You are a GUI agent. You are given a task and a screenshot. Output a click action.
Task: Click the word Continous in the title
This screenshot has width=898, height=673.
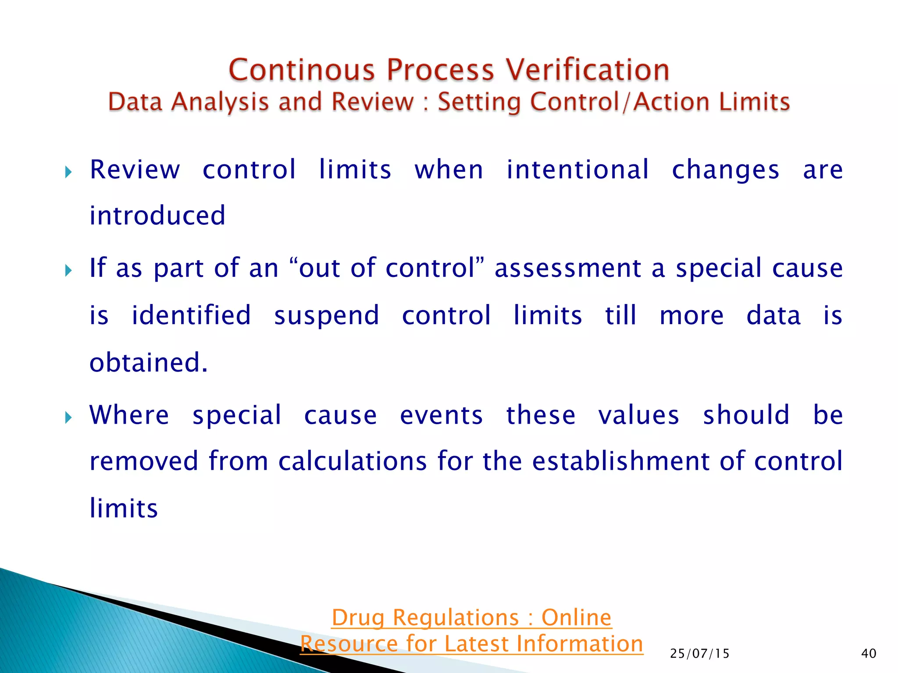click(x=302, y=70)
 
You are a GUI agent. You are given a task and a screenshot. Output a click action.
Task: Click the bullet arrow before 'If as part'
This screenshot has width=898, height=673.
click(x=68, y=270)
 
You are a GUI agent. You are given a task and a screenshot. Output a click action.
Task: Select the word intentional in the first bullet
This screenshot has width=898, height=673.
click(x=577, y=170)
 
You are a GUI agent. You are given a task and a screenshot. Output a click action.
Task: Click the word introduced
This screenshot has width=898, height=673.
click(x=157, y=216)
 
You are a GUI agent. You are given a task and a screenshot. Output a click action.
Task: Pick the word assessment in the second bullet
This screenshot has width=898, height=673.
click(x=568, y=268)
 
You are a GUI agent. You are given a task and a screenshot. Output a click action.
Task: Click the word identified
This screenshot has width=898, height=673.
click(x=191, y=315)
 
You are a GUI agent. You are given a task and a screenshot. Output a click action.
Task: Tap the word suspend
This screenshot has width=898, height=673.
click(x=327, y=316)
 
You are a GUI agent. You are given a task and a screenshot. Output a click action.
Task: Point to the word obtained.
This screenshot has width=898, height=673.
click(x=148, y=362)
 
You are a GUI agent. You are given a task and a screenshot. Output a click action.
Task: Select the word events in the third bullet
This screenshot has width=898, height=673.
click(x=441, y=415)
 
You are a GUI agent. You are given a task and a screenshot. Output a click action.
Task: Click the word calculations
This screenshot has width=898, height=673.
click(x=353, y=461)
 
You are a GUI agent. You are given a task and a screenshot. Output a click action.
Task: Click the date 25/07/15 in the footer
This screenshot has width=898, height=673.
click(x=700, y=654)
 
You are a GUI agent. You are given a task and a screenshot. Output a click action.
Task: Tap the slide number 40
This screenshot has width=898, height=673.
click(x=869, y=654)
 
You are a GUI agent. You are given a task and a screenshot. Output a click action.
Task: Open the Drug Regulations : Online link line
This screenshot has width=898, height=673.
click(x=471, y=618)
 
